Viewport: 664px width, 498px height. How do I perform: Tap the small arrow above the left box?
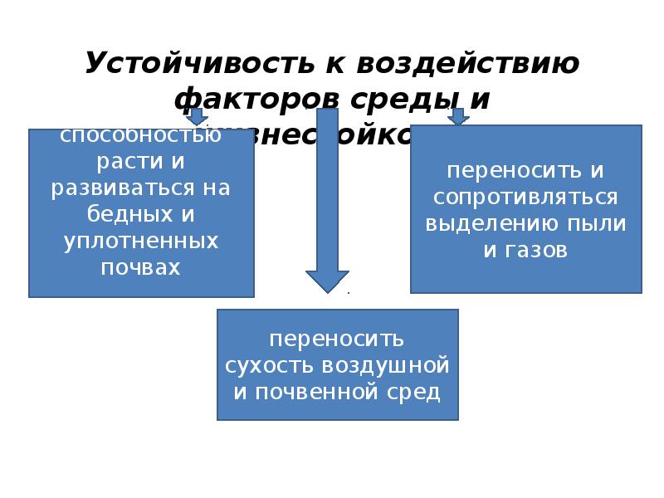(x=198, y=117)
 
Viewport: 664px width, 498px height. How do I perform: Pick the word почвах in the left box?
(x=141, y=267)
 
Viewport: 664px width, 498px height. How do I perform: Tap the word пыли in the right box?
(x=596, y=223)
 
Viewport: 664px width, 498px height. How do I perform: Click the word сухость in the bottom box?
(x=270, y=365)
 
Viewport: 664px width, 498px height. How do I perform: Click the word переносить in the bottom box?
(x=337, y=339)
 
